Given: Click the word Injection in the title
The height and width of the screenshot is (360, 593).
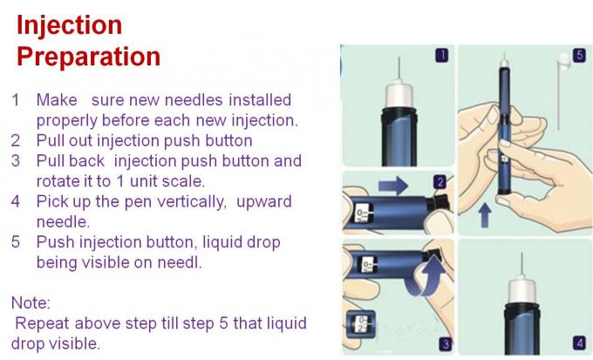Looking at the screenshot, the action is [x=69, y=25].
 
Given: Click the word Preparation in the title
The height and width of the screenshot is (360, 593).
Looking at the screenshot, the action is [x=88, y=57].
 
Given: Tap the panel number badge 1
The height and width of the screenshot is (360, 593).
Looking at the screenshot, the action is [x=442, y=55].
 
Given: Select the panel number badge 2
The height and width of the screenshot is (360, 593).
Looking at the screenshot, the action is [x=440, y=182].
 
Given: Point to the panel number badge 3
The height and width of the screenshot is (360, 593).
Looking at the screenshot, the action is [x=446, y=344].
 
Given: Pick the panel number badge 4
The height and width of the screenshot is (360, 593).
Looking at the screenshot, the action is [x=579, y=343].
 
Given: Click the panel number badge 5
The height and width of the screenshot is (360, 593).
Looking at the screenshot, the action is [x=579, y=55].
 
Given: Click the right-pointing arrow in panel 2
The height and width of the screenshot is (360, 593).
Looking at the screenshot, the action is [x=393, y=186].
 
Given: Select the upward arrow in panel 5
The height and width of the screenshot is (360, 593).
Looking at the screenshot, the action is [x=485, y=215].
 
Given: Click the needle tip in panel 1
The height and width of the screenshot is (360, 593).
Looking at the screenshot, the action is [x=399, y=58].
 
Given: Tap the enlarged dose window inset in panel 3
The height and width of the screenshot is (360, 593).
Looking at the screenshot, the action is [x=361, y=324].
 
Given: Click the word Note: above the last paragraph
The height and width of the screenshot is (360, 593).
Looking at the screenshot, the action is [x=31, y=302].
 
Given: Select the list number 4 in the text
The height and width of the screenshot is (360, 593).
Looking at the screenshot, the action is [x=16, y=201].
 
